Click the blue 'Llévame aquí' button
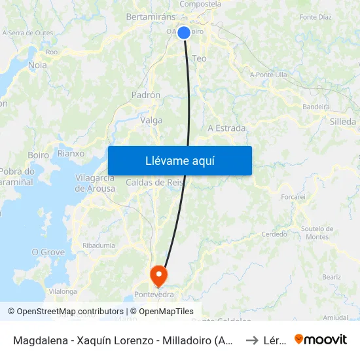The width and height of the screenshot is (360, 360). (x=179, y=160)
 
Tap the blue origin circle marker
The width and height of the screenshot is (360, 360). (x=184, y=33)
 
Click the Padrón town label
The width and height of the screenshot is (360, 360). (x=146, y=95)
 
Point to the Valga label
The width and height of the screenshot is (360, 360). (x=151, y=120)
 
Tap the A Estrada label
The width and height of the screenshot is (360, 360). (x=226, y=128)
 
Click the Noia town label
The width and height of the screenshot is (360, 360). (x=38, y=65)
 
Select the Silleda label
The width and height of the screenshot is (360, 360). (x=343, y=121)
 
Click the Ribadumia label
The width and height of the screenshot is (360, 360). (x=99, y=245)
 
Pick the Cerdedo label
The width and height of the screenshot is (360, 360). (x=274, y=234)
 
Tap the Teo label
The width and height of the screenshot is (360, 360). (x=199, y=58)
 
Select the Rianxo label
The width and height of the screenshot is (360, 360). (x=71, y=153)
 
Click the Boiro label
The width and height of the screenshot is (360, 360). (x=39, y=155)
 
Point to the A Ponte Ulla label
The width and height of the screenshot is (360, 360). (x=268, y=75)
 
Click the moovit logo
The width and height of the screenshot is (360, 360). (x=320, y=339)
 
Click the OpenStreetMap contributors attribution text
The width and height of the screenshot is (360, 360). (x=65, y=312)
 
